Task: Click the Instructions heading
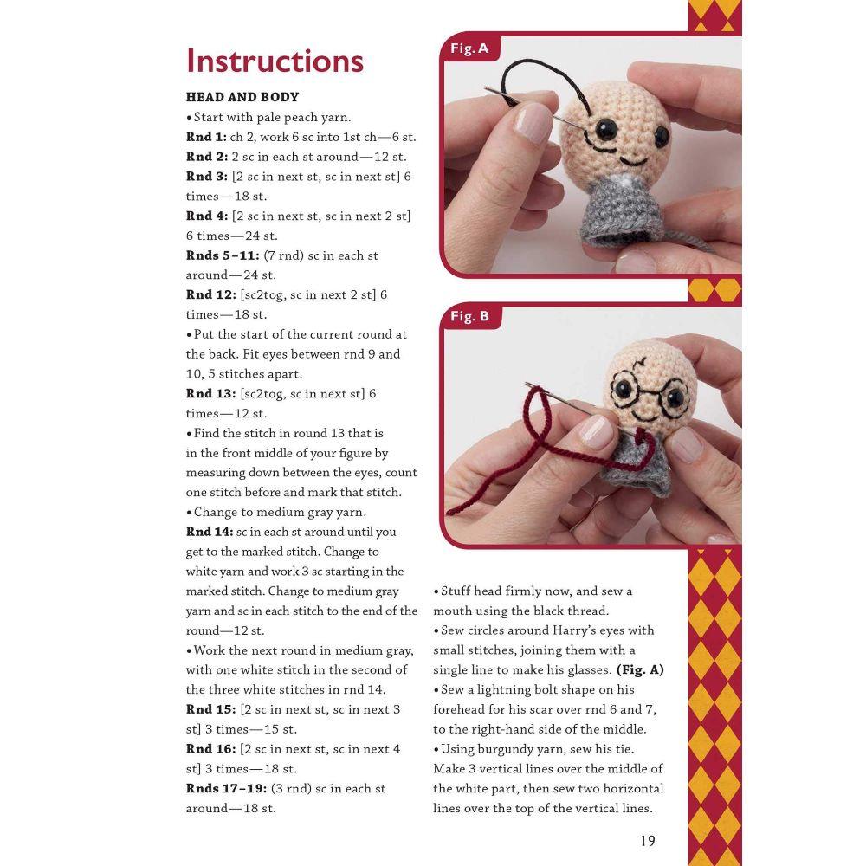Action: [x=275, y=61]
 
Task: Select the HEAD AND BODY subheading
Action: [x=242, y=97]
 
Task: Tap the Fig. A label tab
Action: [x=469, y=48]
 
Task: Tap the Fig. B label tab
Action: [x=469, y=316]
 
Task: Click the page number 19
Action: [x=647, y=841]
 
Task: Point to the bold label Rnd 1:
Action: [x=206, y=137]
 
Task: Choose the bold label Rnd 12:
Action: [x=211, y=295]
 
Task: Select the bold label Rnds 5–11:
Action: [x=223, y=255]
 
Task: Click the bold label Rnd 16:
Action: [x=211, y=749]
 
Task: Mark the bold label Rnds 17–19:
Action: [x=226, y=789]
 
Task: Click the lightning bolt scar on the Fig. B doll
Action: [x=641, y=364]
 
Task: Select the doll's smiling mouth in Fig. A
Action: [x=633, y=161]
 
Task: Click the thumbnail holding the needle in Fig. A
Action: [x=533, y=123]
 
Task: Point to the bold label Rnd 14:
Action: [x=210, y=532]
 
